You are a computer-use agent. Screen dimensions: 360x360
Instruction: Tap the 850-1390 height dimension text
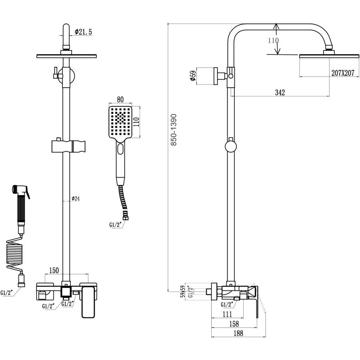pyautogui.click(x=174, y=130)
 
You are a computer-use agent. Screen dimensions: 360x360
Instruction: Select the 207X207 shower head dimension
pyautogui.click(x=343, y=73)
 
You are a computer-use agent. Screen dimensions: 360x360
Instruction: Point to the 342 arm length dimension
pyautogui.click(x=280, y=92)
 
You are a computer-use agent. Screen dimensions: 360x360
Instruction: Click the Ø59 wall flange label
pyautogui.click(x=192, y=76)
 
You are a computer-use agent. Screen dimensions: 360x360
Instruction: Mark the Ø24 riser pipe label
pyautogui.click(x=76, y=199)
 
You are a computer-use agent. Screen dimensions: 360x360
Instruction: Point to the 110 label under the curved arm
pyautogui.click(x=273, y=40)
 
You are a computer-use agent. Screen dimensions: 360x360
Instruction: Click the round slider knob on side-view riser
pyautogui.click(x=231, y=145)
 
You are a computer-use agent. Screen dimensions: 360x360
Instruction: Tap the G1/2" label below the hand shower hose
pyautogui.click(x=116, y=225)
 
